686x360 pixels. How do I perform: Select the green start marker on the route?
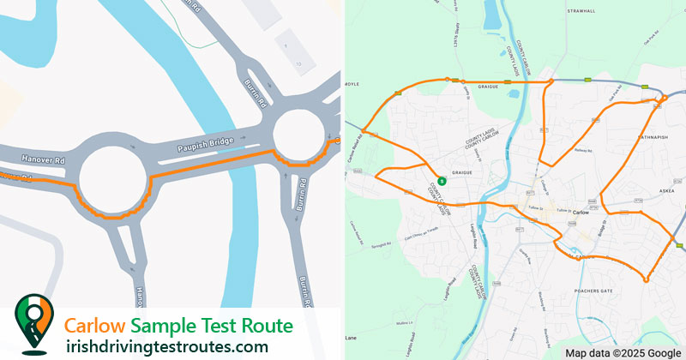coord(441,181)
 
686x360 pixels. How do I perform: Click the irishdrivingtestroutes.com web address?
coord(166,346)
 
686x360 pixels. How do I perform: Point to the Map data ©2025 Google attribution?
coord(622,352)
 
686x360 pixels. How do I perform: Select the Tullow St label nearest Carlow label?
coord(563,210)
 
